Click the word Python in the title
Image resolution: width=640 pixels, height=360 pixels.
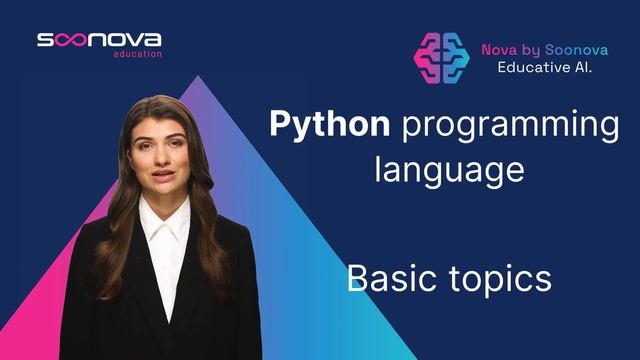329,126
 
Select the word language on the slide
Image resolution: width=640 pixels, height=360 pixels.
449,167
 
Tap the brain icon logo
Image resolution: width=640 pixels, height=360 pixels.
442,57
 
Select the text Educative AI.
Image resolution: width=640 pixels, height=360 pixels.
545,67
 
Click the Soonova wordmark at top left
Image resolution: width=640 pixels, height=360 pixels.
99,40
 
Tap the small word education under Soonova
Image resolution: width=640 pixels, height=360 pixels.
138,54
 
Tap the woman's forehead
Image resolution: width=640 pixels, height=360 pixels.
160,112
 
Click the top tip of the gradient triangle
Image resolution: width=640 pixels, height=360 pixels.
199,76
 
